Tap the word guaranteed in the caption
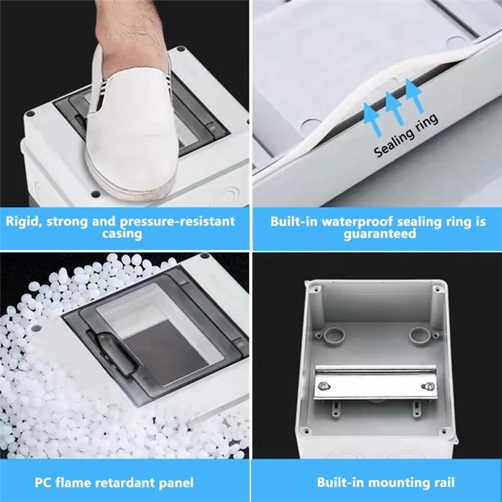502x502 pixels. (x=380, y=234)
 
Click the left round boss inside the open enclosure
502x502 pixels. (x=333, y=334)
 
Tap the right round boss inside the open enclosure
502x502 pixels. (x=418, y=335)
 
